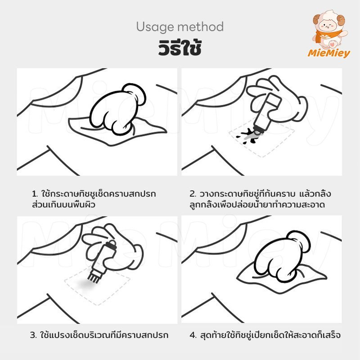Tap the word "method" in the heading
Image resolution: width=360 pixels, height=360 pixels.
coord(200,27)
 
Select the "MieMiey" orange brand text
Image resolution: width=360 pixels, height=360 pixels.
coord(329,53)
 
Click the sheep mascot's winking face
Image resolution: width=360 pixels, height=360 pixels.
coord(328,26)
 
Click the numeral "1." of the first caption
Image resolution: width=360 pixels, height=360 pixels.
coord(35,194)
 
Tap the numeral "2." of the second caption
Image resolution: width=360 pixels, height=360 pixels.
coord(193,194)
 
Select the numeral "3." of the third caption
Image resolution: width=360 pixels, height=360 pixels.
coord(33,335)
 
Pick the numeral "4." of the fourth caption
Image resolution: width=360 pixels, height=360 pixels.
coord(193,335)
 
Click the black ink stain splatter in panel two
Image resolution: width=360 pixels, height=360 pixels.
coord(248,136)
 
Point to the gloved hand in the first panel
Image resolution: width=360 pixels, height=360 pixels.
coord(117,108)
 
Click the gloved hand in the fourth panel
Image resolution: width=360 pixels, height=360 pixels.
coord(282,256)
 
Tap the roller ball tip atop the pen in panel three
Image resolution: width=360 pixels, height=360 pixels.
coord(111,243)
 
